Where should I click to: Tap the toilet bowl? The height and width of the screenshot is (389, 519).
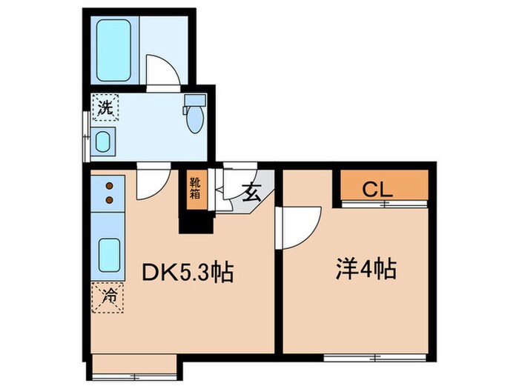tap(194, 119)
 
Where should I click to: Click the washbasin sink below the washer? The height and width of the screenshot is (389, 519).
tap(102, 141)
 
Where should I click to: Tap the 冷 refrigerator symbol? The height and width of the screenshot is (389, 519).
tap(108, 298)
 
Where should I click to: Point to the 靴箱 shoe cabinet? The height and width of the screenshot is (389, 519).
tap(194, 190)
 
